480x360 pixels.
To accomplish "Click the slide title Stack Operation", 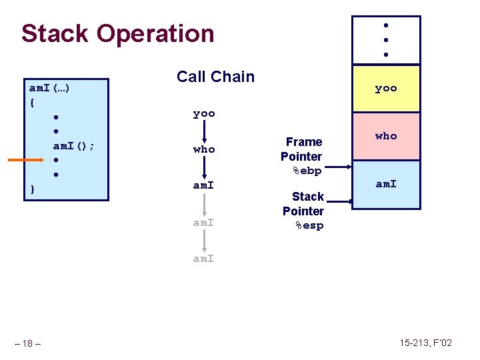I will [x=117, y=33].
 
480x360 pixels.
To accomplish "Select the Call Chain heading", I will [x=215, y=77].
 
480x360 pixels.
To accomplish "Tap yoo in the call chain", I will [x=204, y=114].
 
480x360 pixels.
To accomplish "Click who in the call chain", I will [x=204, y=149].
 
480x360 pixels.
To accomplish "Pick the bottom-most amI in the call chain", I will [x=204, y=259].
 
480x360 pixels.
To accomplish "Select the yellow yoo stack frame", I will [x=386, y=88].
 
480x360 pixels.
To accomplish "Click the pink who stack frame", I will [x=386, y=136].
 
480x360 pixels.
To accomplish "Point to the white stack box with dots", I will [x=386, y=40].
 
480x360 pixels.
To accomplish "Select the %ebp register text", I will [x=307, y=171].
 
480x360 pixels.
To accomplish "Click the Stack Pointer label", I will [x=304, y=204].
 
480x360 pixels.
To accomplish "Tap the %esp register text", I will [x=309, y=226].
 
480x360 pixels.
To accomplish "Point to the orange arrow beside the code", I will [x=26, y=161].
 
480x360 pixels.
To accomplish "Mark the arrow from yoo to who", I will [x=204, y=132].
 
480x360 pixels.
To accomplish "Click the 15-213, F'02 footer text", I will [x=425, y=343].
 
